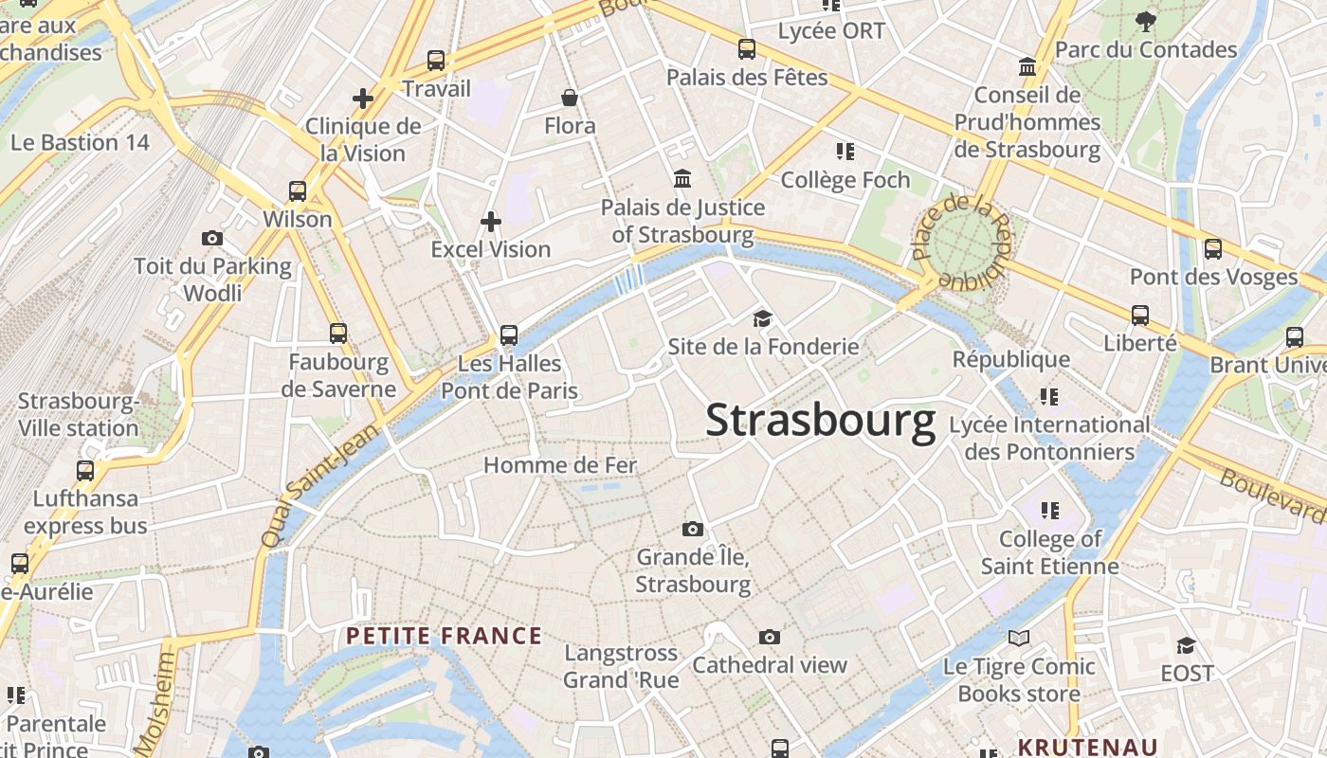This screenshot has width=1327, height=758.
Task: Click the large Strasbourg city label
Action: tap(820, 422)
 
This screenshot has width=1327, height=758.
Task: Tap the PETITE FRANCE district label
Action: tap(445, 636)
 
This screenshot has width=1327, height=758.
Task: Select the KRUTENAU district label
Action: tap(1088, 747)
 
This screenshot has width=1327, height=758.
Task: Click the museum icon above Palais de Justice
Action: tap(682, 178)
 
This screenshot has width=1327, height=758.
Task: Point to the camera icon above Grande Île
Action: tap(693, 529)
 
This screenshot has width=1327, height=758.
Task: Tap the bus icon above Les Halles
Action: tap(509, 334)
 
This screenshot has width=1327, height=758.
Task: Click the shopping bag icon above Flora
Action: tap(570, 98)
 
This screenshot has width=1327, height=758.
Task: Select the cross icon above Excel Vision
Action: tap(491, 222)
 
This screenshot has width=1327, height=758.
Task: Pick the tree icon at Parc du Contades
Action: tap(1146, 21)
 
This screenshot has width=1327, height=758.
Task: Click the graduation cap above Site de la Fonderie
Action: tap(763, 318)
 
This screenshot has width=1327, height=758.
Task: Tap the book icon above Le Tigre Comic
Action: tap(1019, 639)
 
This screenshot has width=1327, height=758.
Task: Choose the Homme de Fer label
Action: tap(560, 465)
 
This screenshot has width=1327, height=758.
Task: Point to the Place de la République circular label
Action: tap(963, 243)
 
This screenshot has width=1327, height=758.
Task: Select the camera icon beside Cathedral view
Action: tap(770, 637)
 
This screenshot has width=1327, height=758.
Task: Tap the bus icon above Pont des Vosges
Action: tap(1213, 249)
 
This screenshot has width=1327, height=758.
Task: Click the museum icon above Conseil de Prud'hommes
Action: tap(1027, 67)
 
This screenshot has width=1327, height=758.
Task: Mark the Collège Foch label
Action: tap(845, 180)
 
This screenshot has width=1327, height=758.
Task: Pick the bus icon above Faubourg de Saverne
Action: tap(338, 333)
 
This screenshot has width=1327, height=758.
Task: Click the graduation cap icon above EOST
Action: tap(1186, 646)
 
